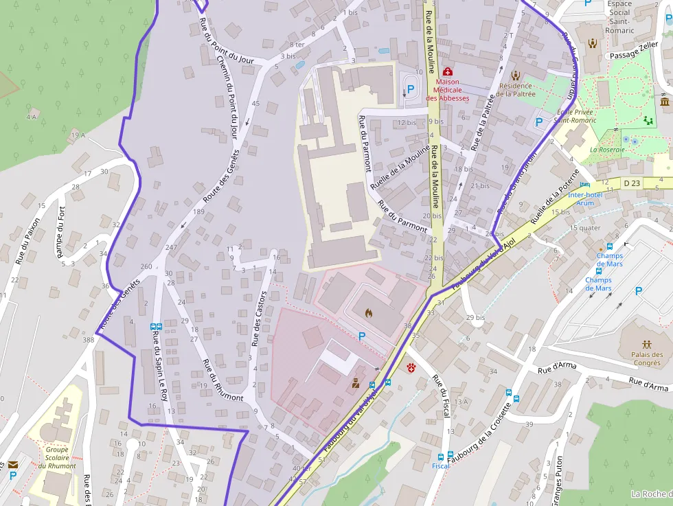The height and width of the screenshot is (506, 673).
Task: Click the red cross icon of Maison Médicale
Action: click(448, 71)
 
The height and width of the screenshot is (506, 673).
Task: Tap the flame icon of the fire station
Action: click(369, 313)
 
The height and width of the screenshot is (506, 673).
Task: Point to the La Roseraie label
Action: click(607, 150)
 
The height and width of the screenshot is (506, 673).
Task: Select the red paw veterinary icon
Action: click(411, 368)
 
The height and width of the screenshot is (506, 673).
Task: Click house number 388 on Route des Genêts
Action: click(88, 340)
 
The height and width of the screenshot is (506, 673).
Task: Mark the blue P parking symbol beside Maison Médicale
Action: click(411, 89)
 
